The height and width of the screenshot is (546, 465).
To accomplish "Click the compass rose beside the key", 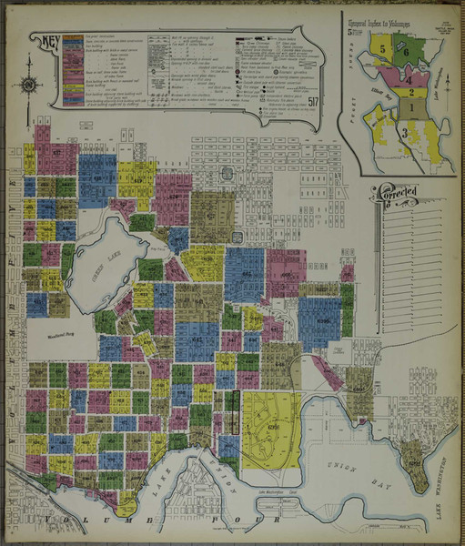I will click(28, 85).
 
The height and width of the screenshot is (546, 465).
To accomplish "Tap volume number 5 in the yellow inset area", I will click(383, 47).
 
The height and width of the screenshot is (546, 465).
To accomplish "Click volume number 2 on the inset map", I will click(410, 91).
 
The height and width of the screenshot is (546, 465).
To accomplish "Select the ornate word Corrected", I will click(401, 193).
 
